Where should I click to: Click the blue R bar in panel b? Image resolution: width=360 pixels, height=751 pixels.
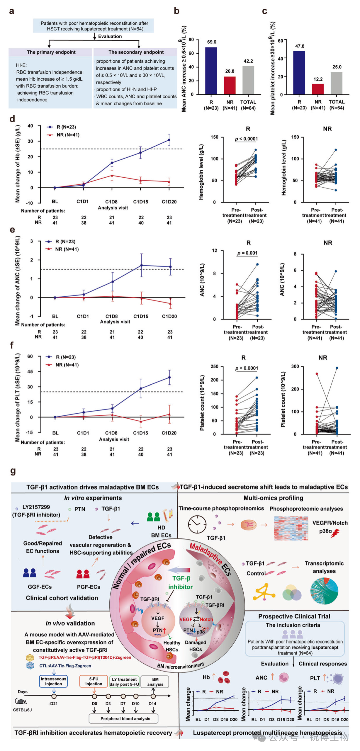211,71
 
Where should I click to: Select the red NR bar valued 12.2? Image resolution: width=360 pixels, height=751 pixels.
318,89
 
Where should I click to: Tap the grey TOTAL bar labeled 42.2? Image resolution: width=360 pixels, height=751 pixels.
248,80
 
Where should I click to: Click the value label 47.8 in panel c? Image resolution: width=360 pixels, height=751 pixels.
300,46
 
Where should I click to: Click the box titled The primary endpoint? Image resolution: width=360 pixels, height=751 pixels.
51,52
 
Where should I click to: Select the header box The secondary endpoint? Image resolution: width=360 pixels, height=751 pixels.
136,52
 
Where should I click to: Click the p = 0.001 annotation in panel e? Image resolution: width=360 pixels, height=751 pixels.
247,253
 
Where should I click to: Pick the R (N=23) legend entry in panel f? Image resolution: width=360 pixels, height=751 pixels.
65,357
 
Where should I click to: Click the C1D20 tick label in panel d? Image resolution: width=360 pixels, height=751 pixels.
169,202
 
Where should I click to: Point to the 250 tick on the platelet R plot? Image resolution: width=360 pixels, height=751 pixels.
214,367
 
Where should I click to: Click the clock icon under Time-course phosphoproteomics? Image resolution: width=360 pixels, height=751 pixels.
197,524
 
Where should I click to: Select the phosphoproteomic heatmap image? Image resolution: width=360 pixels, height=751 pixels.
291,528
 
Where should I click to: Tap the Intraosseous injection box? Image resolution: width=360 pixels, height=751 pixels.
53,681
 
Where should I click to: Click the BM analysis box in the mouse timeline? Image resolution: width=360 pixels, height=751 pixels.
155,681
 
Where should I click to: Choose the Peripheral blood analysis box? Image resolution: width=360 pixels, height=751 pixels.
125,719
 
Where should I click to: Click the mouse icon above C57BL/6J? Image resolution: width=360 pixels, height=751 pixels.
21,701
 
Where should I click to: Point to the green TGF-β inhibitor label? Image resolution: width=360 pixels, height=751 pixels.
181,582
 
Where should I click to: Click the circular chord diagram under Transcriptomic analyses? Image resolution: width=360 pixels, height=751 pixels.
324,591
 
